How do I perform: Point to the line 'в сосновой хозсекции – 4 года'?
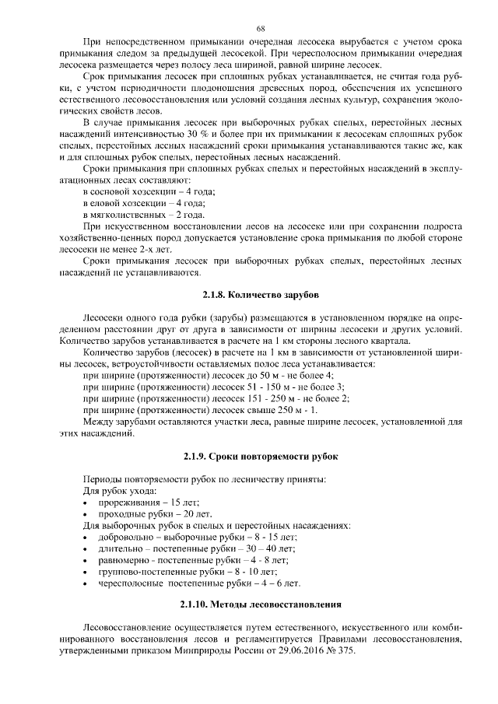pos(149,191)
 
